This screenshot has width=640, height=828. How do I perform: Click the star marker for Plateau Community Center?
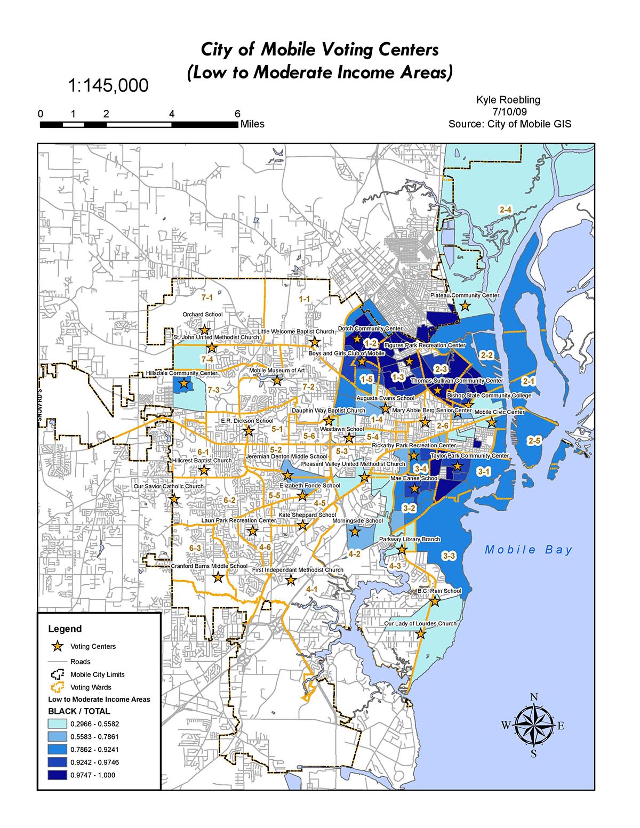point(465,306)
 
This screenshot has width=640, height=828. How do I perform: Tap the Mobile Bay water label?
point(528,550)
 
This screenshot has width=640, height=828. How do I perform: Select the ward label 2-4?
point(505,210)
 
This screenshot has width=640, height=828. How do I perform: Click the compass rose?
point(534,726)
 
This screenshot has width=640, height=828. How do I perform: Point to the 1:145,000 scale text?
point(108,85)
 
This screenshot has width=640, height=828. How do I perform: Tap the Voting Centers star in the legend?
point(58,647)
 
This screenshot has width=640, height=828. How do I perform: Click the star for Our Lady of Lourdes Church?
point(421,633)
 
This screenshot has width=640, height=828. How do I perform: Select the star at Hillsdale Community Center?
point(184,383)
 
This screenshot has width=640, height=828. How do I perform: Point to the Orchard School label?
point(202,315)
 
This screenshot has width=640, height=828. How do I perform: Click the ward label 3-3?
point(449,556)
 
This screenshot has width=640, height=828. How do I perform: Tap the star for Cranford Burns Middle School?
point(218,577)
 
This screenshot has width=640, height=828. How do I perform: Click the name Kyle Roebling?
point(508,100)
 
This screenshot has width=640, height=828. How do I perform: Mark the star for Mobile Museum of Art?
point(277,380)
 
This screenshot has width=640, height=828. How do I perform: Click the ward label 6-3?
point(195,548)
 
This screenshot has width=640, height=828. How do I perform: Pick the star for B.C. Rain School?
point(435,601)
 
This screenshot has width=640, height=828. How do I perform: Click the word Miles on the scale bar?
point(252,124)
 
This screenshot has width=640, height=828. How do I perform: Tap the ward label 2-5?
point(534,440)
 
